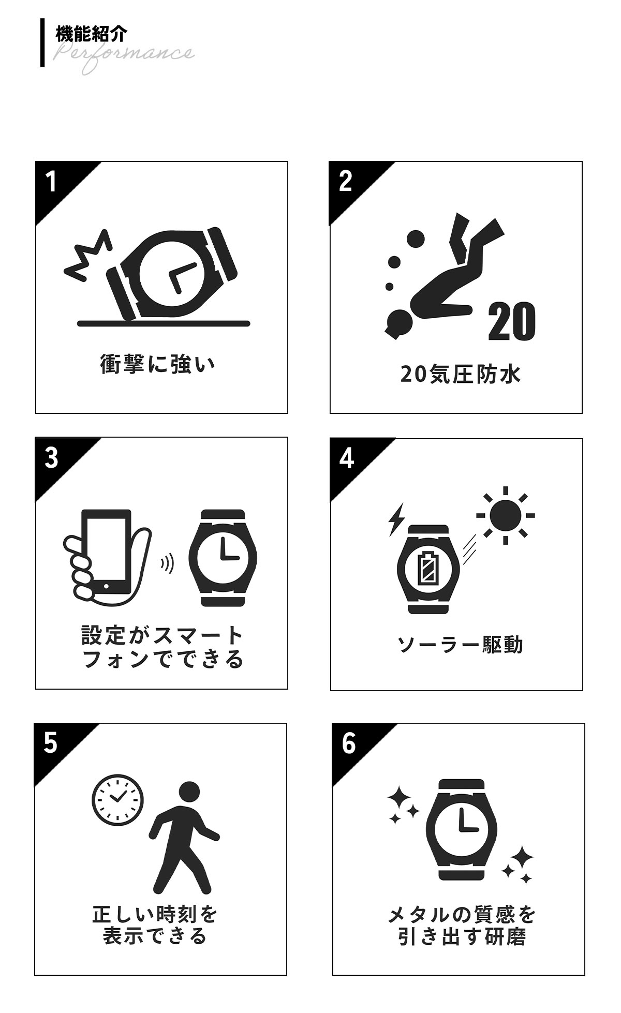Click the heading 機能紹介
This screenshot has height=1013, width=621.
pos(91,34)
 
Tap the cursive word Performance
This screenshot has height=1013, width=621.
pos(124,56)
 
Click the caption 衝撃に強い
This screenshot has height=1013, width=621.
pos(157,364)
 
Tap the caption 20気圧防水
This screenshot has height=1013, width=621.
pos(460,374)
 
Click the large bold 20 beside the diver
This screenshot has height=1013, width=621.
pos(511,321)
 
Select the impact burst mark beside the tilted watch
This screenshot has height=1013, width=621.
pos(88,255)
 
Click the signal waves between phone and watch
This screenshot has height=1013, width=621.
pos(167,563)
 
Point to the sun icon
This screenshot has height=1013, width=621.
pos(506,515)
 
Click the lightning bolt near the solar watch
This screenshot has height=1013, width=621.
pos(396,519)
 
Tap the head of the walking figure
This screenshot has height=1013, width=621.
pos(189,792)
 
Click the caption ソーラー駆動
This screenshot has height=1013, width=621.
pos(460,645)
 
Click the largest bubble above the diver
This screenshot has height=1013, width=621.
pos(415,239)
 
